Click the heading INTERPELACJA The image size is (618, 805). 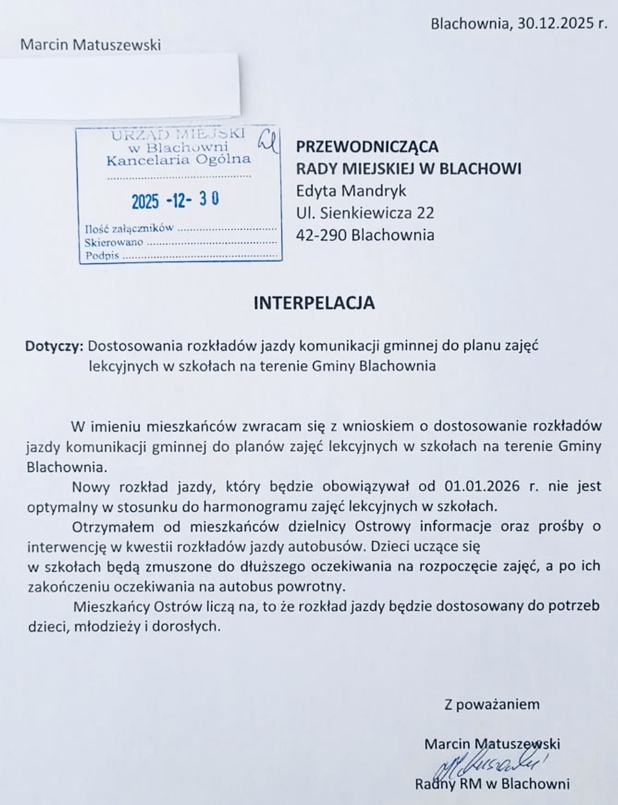314,303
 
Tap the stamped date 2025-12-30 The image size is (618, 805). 175,201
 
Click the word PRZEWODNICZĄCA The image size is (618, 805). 367,146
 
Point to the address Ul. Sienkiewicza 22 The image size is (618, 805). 365,213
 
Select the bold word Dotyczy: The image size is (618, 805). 54,346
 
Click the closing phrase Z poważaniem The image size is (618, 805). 492,704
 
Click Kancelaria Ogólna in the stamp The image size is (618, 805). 178,160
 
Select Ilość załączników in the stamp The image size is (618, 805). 129,228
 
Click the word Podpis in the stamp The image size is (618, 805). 102,256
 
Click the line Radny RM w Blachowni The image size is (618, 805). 492,784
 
